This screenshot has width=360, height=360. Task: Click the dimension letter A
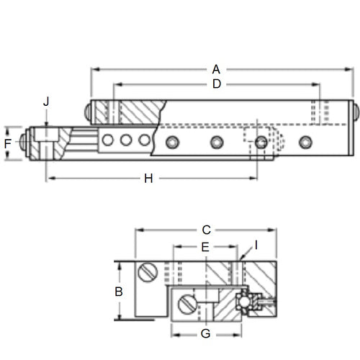215,69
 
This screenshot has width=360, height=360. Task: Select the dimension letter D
215,85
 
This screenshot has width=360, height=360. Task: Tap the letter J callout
46,102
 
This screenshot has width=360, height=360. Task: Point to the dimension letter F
8,143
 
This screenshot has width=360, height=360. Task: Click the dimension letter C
206,230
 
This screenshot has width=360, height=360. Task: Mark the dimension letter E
204,247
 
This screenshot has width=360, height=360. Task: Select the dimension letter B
120,292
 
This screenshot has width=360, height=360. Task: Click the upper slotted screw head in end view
149,272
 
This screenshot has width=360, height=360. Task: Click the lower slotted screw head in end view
187,303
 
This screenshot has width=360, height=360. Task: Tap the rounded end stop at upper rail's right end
354,112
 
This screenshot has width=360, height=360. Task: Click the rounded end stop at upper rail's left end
87,111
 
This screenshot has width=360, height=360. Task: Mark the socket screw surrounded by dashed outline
260,143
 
